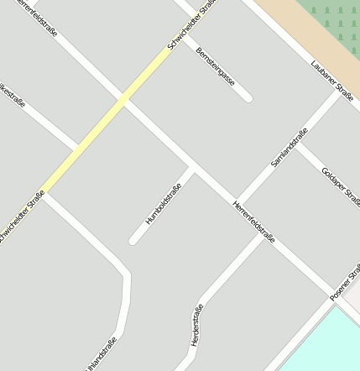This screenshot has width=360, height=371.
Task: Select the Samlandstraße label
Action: click(290, 148)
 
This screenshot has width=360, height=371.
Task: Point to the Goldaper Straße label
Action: click(340, 186)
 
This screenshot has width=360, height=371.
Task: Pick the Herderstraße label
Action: click(197, 325)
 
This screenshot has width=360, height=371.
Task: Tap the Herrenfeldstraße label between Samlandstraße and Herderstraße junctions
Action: click(253, 222)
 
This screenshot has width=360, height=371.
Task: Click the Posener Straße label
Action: click(345, 283)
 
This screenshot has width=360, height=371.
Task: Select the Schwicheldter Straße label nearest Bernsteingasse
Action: click(192, 24)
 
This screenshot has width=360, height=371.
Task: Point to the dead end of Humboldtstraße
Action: click(133, 241)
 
